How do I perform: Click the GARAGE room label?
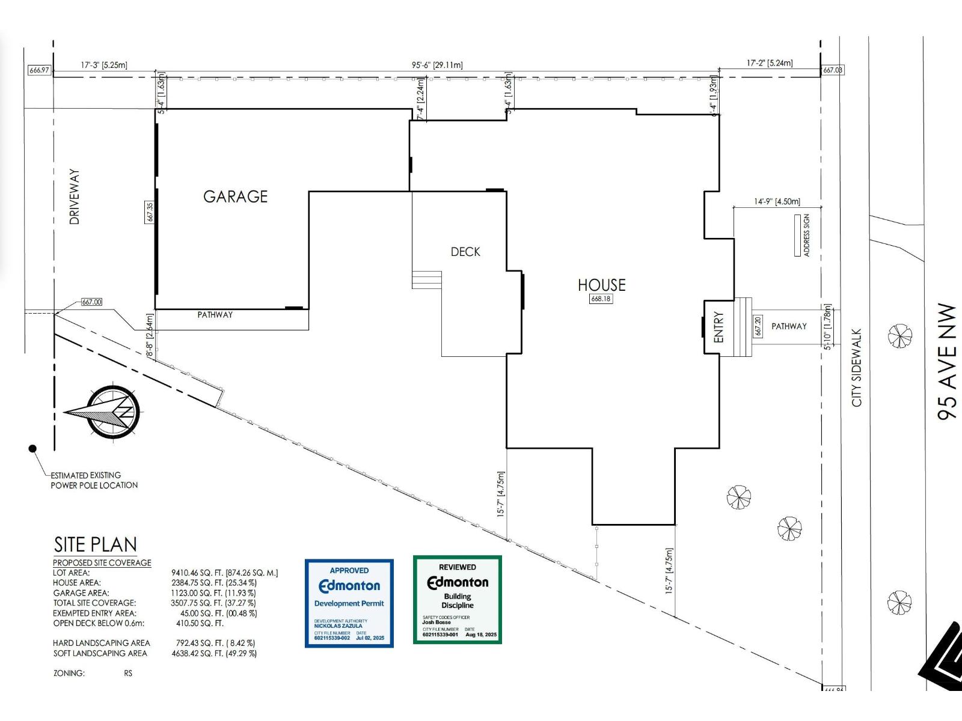click(235, 196)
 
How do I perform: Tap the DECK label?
click(465, 252)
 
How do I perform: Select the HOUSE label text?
click(601, 285)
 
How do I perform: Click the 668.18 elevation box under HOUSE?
click(601, 299)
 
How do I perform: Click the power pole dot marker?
click(32, 448)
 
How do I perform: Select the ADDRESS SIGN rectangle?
click(797, 236)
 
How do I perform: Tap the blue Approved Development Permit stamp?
click(349, 603)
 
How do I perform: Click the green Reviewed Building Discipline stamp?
click(457, 600)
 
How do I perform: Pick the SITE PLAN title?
click(95, 544)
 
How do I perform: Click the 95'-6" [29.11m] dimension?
click(437, 65)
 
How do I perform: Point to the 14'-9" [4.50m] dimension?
click(777, 202)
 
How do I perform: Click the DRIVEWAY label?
click(75, 196)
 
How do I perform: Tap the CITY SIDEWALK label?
click(856, 367)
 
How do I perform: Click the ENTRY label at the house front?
click(718, 327)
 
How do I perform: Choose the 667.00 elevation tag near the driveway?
click(91, 302)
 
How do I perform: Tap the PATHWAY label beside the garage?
click(215, 315)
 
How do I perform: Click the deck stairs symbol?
click(426, 280)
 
